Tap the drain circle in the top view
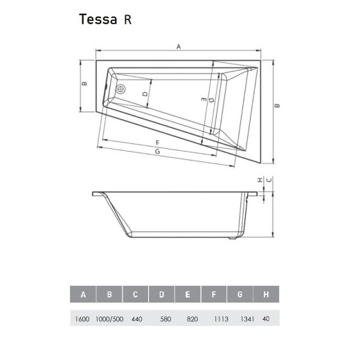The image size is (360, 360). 120,89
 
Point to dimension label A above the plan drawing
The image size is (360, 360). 178,46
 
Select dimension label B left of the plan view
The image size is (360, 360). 84,84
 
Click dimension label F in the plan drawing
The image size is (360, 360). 158,142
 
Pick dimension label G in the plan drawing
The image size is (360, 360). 158,151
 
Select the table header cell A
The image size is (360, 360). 84,294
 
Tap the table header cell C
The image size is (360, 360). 136,294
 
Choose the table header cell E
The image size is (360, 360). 188,294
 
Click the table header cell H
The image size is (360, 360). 266,294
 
